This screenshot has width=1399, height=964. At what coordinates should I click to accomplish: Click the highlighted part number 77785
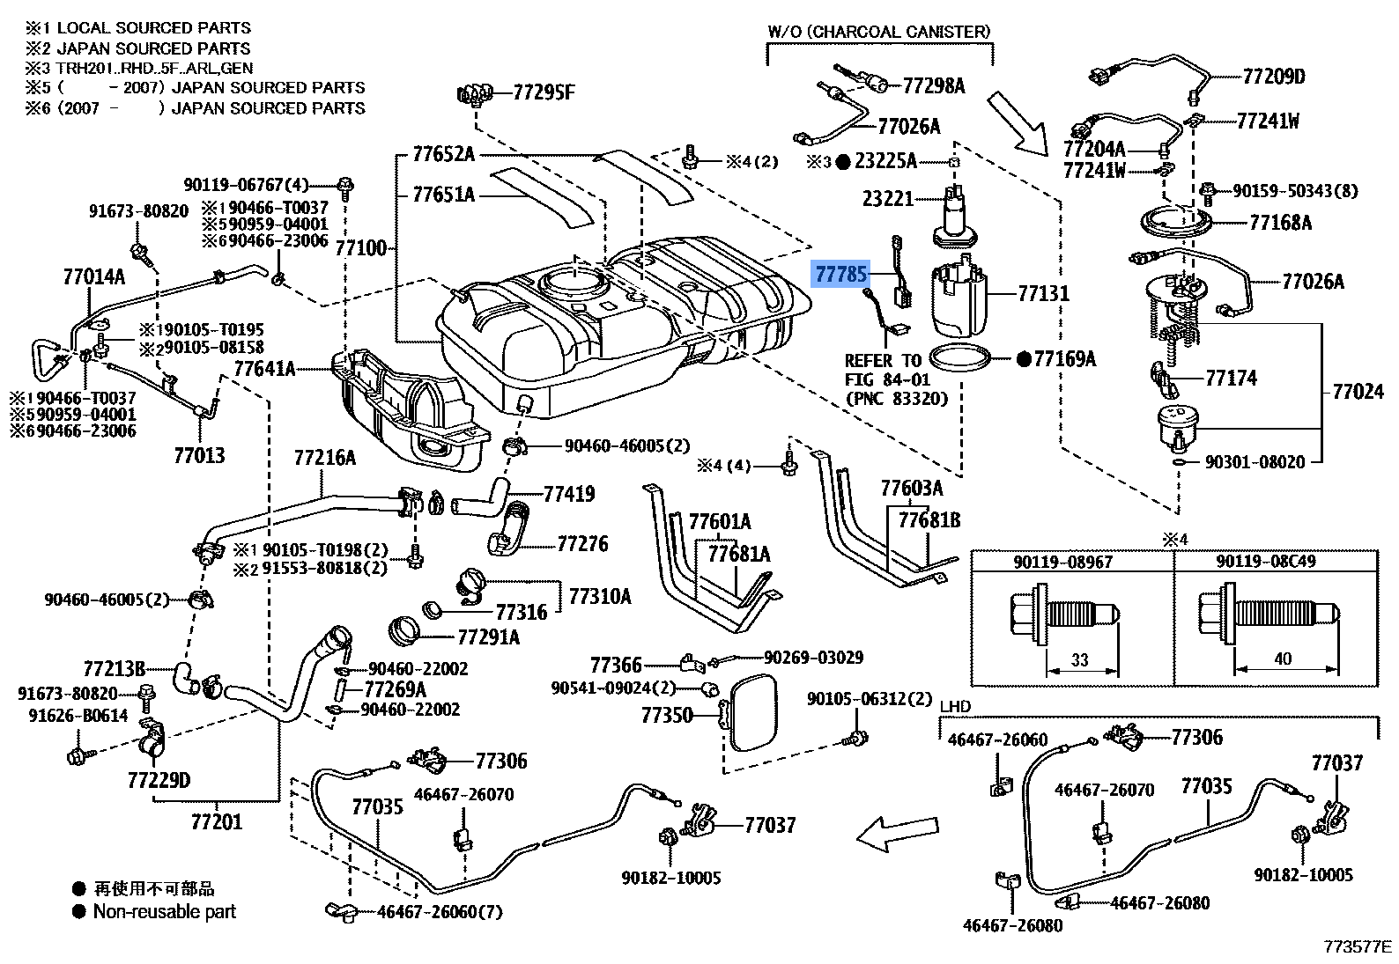coord(840,274)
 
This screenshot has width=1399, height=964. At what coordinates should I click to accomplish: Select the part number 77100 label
coord(361,248)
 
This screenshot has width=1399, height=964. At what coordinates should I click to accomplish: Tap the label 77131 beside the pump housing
coord(1044,293)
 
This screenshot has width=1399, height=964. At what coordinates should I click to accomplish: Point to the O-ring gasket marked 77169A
coord(960,359)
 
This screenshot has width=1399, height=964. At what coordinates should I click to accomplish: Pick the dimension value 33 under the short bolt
coord(1080,660)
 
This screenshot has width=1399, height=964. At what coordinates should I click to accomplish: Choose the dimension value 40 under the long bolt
coord(1283,659)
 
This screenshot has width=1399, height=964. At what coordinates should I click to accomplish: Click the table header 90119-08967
coord(1063,563)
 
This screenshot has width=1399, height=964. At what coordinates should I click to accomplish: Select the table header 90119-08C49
coord(1266,562)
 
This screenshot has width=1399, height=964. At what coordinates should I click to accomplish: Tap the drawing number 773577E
coord(1357,947)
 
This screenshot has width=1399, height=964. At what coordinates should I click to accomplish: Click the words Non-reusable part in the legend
coord(165,911)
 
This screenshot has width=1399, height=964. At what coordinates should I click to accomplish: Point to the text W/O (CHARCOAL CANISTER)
coord(879,32)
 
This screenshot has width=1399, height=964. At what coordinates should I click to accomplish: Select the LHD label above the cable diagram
coord(956,706)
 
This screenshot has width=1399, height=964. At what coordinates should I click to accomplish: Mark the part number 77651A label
coord(443,195)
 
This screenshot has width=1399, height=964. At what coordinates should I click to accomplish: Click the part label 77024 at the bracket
coord(1358,392)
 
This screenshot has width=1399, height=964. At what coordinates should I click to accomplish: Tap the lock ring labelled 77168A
coord(1176,223)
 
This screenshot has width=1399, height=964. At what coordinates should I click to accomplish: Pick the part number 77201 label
coord(216,821)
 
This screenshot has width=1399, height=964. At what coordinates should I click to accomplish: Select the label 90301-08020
coord(1255,462)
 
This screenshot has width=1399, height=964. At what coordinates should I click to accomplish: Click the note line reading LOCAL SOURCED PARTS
coord(153,28)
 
